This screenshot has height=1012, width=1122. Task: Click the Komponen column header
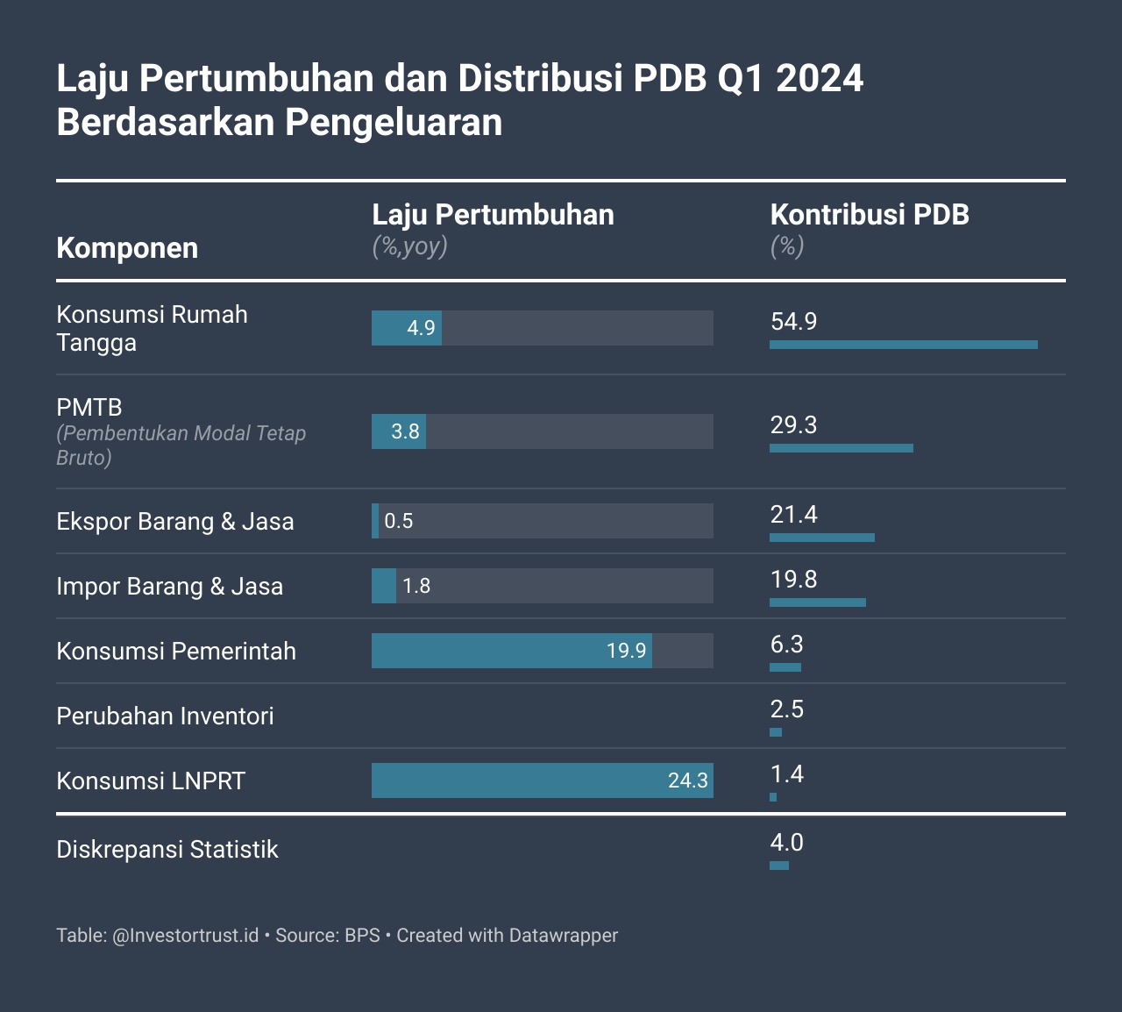(127, 248)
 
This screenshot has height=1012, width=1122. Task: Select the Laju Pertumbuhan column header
(493, 215)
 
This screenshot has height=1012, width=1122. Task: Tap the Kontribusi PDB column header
(870, 215)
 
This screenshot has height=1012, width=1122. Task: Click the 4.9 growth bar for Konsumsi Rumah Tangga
(407, 328)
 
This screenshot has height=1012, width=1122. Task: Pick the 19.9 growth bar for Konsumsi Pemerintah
(511, 651)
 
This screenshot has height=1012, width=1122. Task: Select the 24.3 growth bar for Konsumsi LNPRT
(542, 780)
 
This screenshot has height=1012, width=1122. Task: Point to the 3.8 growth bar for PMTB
(399, 431)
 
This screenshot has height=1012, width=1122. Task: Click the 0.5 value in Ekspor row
(399, 521)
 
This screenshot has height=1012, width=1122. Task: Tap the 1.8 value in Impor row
(416, 586)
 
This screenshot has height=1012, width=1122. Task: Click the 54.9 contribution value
(793, 322)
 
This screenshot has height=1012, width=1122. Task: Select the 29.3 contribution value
(793, 425)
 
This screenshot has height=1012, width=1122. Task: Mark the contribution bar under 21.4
(822, 538)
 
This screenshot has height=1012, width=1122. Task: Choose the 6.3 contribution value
(786, 645)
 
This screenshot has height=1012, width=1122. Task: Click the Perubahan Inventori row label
(165, 716)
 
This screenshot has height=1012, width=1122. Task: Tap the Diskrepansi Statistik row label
(167, 850)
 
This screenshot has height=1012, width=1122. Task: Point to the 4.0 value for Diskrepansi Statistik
(786, 843)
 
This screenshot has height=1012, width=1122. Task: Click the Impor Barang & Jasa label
(170, 587)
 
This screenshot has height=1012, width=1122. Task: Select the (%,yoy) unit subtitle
(409, 246)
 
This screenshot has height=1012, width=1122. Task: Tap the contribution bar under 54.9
(903, 345)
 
